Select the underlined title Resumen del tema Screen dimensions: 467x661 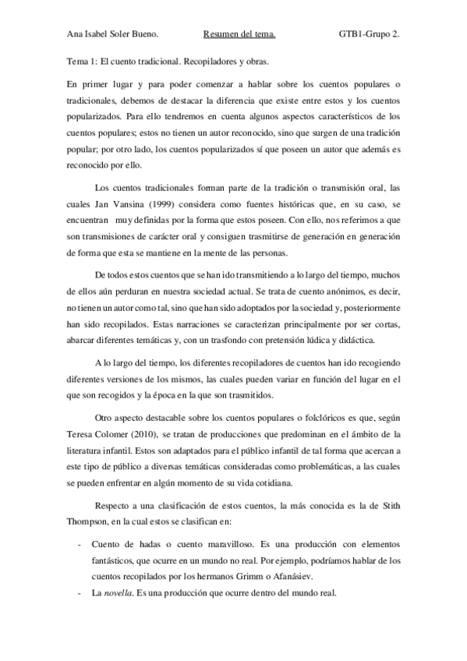click(239, 34)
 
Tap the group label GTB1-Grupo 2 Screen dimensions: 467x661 click(370, 34)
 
